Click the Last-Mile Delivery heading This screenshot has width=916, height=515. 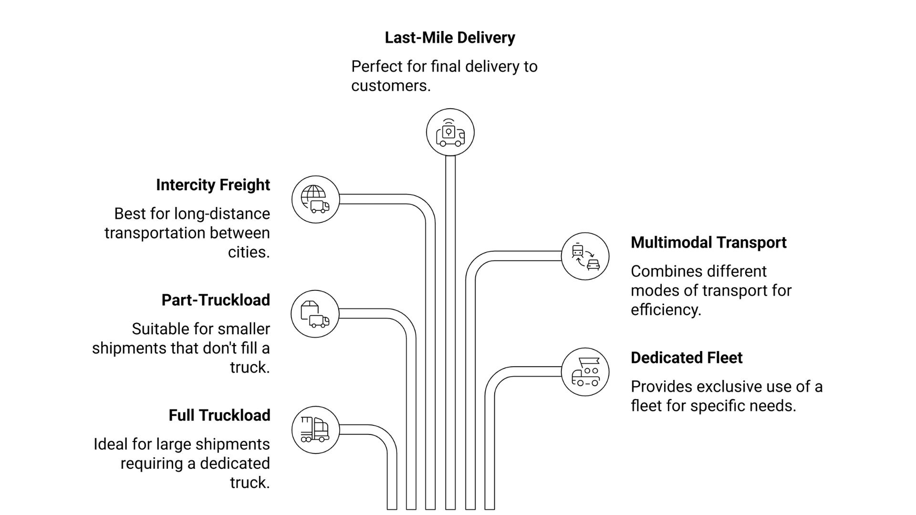click(x=449, y=38)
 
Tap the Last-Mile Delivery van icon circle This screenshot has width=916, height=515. click(x=450, y=133)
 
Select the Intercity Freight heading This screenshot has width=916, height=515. click(x=213, y=185)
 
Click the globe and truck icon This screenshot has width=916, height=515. click(x=315, y=199)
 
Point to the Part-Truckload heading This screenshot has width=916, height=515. click(x=216, y=300)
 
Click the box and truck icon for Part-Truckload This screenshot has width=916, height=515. click(x=315, y=314)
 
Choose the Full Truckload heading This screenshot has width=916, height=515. click(x=219, y=415)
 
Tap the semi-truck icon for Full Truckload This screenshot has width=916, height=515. click(x=315, y=430)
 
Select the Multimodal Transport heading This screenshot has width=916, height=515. click(x=708, y=243)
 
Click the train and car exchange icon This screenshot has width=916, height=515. click(x=585, y=257)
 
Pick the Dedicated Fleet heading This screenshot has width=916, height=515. click(x=687, y=358)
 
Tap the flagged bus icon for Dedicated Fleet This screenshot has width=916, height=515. click(x=585, y=372)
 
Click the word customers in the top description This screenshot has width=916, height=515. click(x=390, y=86)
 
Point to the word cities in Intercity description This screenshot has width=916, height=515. click(x=249, y=252)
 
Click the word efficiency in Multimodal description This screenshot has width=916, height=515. click(x=666, y=310)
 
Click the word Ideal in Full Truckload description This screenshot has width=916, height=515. click(x=111, y=444)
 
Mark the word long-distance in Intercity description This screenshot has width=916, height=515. click(x=222, y=214)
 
